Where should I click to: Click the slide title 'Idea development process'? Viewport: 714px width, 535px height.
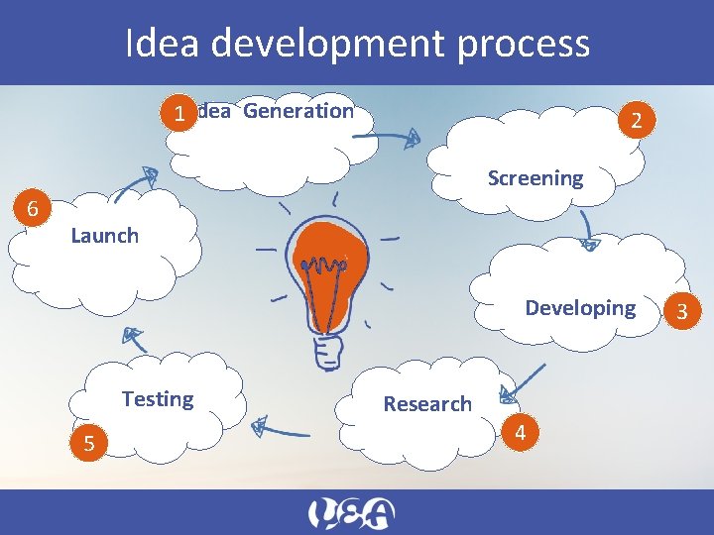tap(357, 44)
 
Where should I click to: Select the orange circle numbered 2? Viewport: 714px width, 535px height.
tap(636, 121)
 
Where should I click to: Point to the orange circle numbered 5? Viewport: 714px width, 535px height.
tap(89, 443)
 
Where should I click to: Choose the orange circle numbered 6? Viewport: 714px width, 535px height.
tap(33, 209)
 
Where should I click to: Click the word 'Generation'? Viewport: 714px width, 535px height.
tap(297, 111)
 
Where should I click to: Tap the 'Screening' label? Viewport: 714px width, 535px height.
tap(535, 178)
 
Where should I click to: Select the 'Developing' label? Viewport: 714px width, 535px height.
tap(580, 307)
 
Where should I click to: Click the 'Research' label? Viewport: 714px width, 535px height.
tap(427, 403)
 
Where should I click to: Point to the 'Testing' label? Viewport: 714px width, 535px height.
tap(157, 398)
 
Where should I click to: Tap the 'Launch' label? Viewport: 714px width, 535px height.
tap(104, 235)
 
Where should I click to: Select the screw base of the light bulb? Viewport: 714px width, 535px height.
tap(328, 351)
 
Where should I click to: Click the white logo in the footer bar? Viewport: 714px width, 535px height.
tap(351, 513)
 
